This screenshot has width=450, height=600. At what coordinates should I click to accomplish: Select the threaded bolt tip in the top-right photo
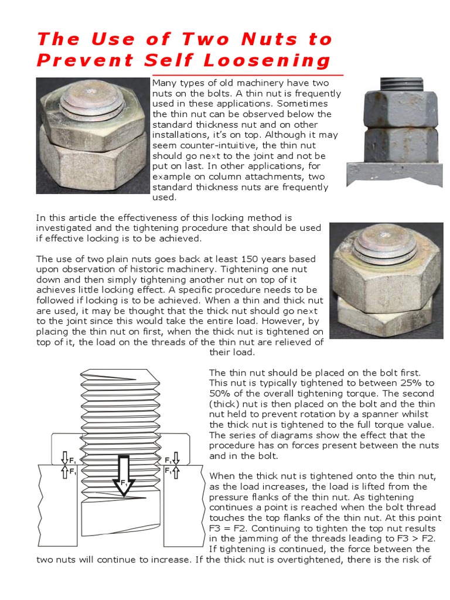[x=400, y=84]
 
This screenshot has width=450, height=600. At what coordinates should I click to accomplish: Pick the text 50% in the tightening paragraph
[x=220, y=393]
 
